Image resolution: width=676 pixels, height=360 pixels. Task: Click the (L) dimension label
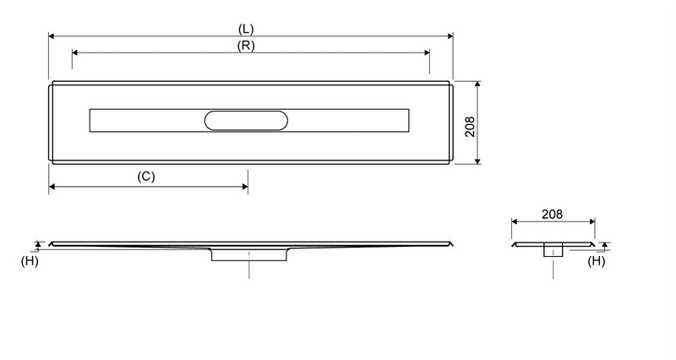pos(246,29)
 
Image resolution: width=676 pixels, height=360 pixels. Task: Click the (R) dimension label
pos(246,46)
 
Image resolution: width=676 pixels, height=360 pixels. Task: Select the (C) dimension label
pos(146,176)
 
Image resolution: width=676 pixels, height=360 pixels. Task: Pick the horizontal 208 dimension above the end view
pos(552,215)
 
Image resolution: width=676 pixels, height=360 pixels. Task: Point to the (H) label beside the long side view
pos(29,262)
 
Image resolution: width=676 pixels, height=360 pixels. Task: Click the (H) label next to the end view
pos(597,262)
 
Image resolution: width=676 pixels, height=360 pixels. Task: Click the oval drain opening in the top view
pos(246,121)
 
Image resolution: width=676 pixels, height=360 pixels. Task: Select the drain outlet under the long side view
pos(249,255)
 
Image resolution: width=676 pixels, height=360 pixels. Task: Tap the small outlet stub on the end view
pos(553,249)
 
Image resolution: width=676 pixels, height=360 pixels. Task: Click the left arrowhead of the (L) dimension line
pos(52,36)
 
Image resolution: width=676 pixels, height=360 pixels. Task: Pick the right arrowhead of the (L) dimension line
pos(450,36)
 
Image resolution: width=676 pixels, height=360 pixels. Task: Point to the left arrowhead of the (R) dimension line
pos(75,52)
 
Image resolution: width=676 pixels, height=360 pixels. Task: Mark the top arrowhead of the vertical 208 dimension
pos(478,85)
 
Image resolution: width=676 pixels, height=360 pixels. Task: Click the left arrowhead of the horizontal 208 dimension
pos(515,222)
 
